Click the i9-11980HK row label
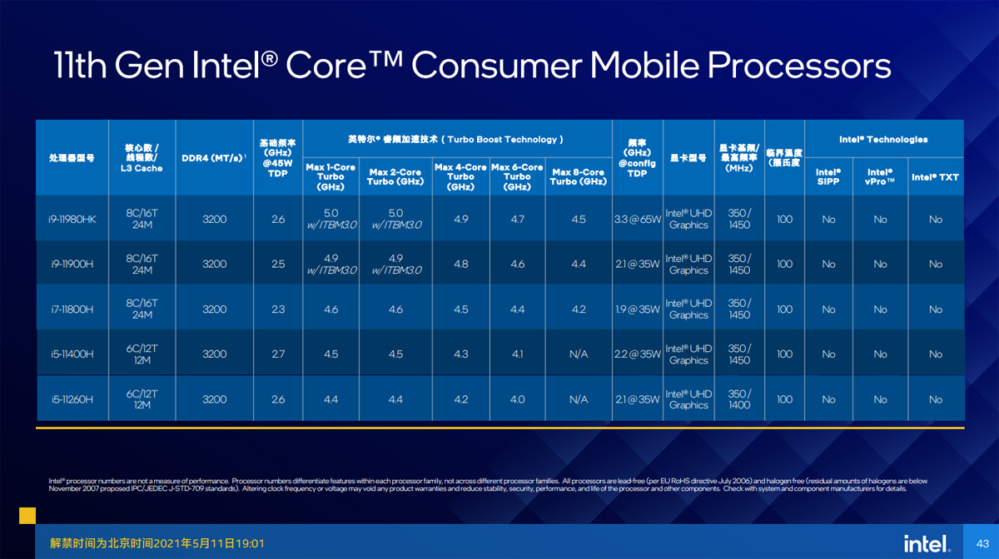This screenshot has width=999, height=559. (x=72, y=220)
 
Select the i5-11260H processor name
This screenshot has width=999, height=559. (x=72, y=399)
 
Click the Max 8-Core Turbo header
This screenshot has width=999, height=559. (x=579, y=177)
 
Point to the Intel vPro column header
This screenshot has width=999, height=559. (x=880, y=177)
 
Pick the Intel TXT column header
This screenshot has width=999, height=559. (x=935, y=177)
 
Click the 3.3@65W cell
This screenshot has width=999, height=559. (x=638, y=220)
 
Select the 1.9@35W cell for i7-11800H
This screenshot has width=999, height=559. (x=638, y=309)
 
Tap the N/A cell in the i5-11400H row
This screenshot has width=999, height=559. (x=579, y=354)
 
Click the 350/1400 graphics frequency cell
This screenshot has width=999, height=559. (x=739, y=399)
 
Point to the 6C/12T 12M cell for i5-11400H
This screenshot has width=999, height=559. (x=142, y=354)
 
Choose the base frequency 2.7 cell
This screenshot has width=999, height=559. (x=278, y=354)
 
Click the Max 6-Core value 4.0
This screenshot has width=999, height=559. (x=517, y=399)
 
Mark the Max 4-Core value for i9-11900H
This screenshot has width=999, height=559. (x=460, y=265)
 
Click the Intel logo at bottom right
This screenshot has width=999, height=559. (x=927, y=544)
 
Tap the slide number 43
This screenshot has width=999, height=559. (x=982, y=544)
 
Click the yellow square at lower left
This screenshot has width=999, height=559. (x=27, y=516)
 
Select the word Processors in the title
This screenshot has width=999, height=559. (x=798, y=66)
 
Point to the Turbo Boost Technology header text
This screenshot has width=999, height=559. (x=502, y=140)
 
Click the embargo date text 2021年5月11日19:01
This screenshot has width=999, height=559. (x=209, y=543)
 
